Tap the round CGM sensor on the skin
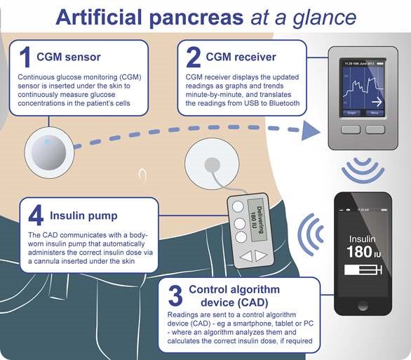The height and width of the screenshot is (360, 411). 47,150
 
